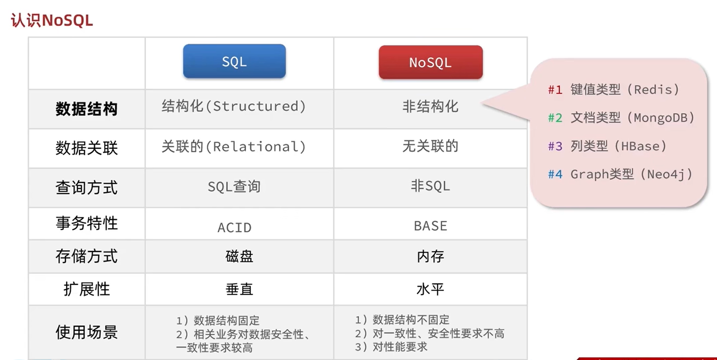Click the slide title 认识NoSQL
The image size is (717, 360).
tap(52, 20)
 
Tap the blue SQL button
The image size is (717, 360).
tap(234, 61)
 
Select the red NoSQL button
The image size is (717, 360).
tap(431, 62)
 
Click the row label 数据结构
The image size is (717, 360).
tap(86, 109)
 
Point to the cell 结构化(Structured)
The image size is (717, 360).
tap(234, 106)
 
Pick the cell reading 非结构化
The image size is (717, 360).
tap(430, 106)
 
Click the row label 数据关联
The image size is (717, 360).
tap(86, 148)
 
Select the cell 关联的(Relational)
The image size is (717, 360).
tap(234, 147)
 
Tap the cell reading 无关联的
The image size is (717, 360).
tap(430, 146)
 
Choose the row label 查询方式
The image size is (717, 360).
tap(86, 187)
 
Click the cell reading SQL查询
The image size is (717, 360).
tap(234, 186)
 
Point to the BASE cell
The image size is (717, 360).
tap(430, 226)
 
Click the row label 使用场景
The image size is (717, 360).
tap(86, 332)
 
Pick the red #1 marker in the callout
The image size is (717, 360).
tap(555, 90)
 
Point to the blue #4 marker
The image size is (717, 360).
tap(555, 174)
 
